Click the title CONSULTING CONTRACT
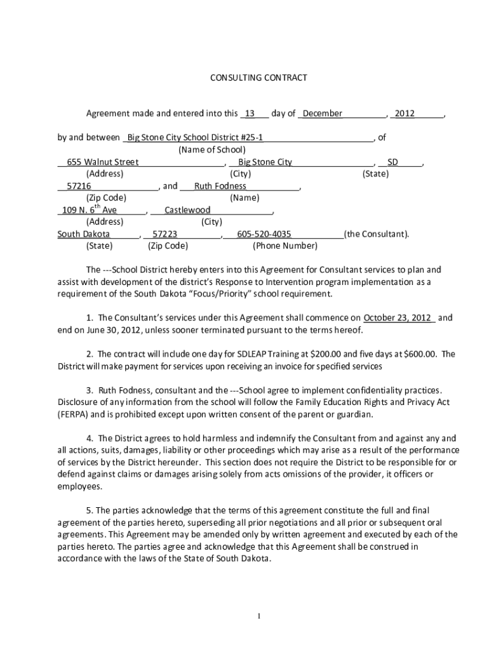(x=258, y=77)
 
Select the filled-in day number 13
(x=250, y=114)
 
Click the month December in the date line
(x=322, y=114)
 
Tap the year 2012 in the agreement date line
(x=404, y=114)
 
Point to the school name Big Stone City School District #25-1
(x=195, y=138)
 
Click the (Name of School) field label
(x=211, y=150)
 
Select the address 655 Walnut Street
(x=98, y=162)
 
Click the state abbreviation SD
(x=392, y=162)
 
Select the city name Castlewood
(x=187, y=210)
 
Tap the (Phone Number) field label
(x=285, y=246)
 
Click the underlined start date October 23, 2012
(x=398, y=317)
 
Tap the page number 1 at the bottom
(x=259, y=616)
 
